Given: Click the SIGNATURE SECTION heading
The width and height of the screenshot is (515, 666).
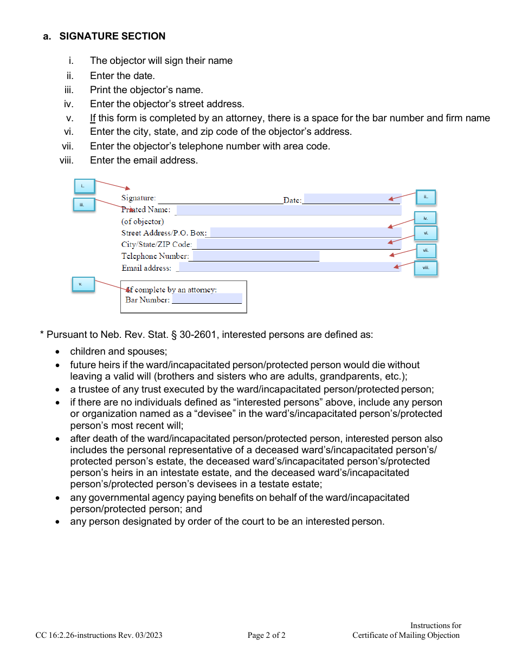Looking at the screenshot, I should coord(112,36).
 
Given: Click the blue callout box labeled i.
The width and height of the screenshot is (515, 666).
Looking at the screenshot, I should coord(84,186).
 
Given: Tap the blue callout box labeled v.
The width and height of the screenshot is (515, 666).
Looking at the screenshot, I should coord(83,284).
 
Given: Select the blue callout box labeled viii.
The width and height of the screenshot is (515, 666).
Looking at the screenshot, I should coord(426,268).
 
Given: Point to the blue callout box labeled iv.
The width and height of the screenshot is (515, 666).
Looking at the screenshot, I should coord(426,218).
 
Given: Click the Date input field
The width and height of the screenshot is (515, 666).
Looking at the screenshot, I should coord(352,199).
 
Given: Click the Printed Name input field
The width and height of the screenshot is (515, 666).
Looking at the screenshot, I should coord(288,210).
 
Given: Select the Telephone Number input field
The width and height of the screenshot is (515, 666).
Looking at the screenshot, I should coord(256,256).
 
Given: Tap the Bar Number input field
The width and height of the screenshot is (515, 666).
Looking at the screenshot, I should coord(207,299).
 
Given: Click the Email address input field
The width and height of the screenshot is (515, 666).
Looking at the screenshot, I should coord(289,267).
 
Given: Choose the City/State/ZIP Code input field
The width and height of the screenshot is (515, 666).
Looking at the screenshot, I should coord(298,244).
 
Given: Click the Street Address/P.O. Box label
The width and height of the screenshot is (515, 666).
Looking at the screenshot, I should coord(164,233).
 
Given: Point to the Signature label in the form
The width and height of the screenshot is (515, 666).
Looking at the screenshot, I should coord(138,198).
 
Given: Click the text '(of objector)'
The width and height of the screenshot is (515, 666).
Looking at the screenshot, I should coord(143,221).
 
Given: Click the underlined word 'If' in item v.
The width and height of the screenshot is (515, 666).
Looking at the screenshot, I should coord(93,118).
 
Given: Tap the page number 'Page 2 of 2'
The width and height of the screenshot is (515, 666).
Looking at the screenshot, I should coord(266,635).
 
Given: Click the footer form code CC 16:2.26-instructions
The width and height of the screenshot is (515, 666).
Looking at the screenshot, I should coord(76,635).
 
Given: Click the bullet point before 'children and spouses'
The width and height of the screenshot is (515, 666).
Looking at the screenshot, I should coord(59,352).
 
